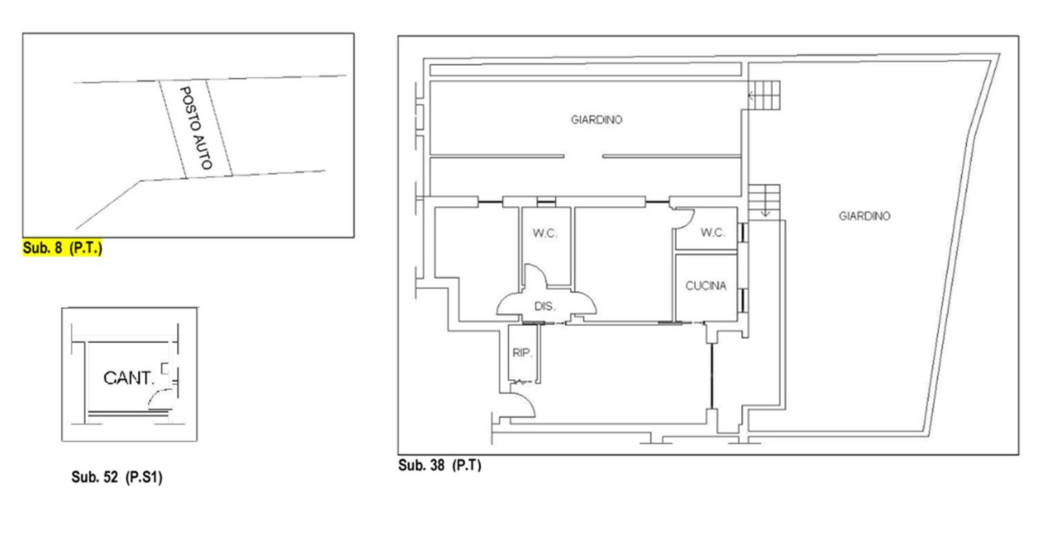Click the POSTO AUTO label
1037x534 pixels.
[196, 128]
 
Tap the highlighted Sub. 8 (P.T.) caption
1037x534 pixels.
[62, 248]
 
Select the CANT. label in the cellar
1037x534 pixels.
[128, 378]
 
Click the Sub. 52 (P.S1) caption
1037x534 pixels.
[117, 477]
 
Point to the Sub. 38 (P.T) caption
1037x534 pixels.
[440, 465]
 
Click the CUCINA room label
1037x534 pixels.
[706, 286]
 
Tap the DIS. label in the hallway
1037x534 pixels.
[545, 306]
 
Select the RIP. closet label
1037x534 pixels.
[522, 353]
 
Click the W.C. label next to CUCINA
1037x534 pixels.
[713, 232]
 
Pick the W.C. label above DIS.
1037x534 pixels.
[545, 233]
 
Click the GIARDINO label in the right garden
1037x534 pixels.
[864, 216]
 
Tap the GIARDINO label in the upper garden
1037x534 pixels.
[596, 120]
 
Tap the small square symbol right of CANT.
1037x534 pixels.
[165, 368]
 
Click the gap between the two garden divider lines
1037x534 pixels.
[583, 156]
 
